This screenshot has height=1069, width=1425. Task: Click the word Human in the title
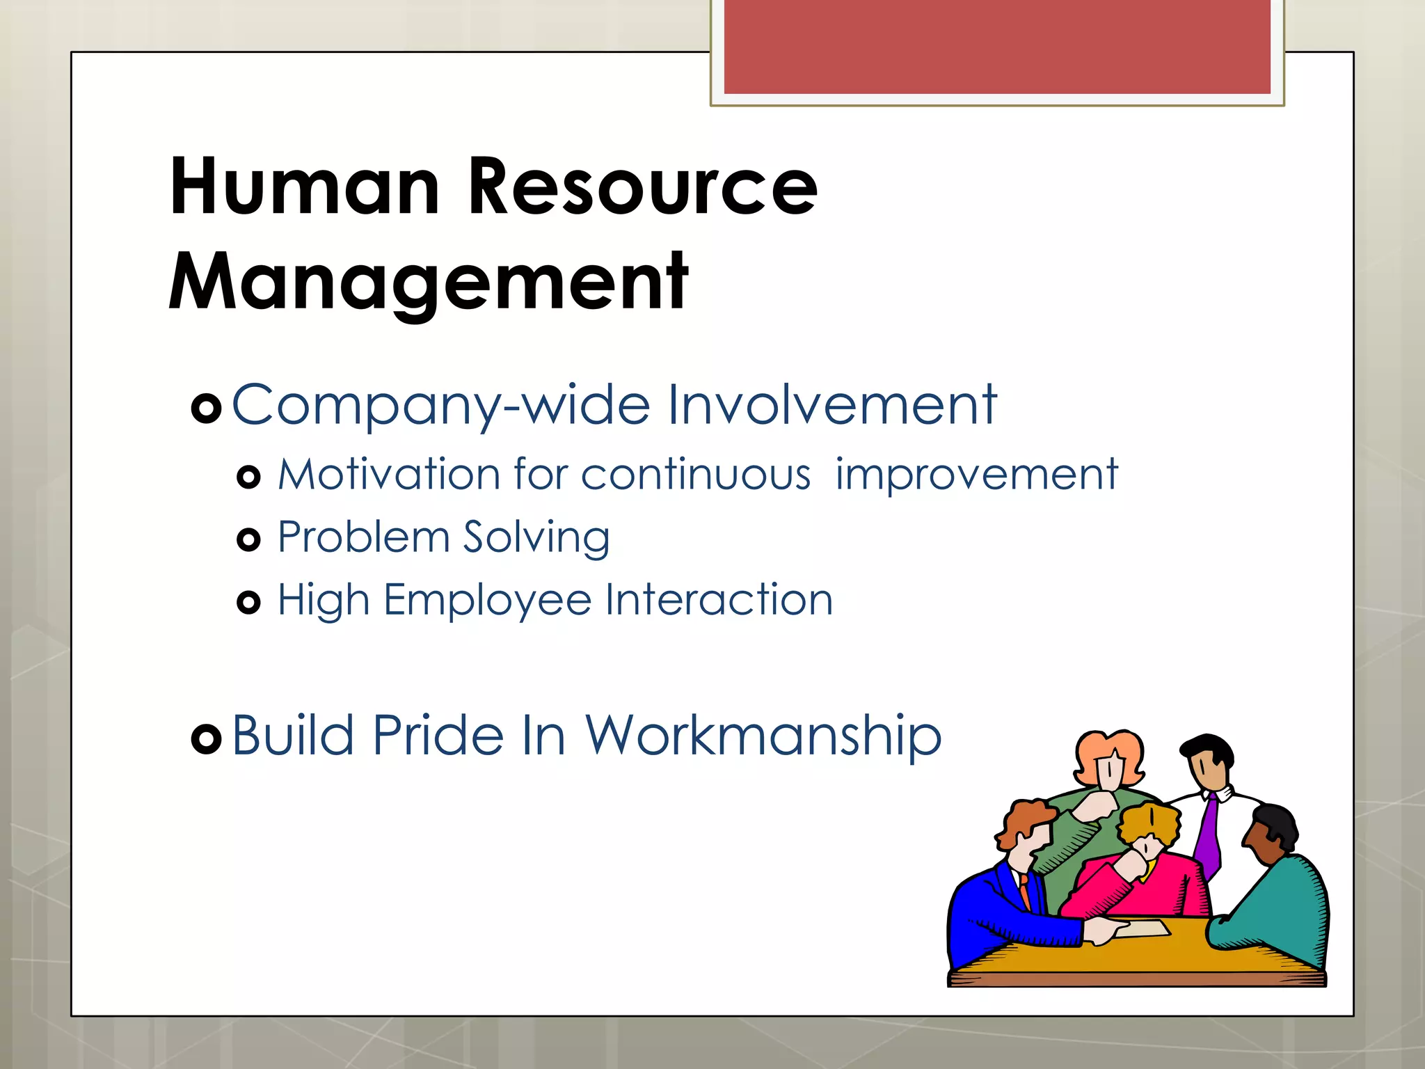point(304,187)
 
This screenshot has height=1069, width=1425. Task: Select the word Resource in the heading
point(642,187)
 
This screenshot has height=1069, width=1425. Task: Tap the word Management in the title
point(428,283)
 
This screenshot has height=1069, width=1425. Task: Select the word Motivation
point(389,475)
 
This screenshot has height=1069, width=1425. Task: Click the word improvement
point(976,476)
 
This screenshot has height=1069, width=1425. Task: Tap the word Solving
point(536,538)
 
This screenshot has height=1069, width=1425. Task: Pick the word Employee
point(487,601)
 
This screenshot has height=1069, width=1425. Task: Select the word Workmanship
point(763,736)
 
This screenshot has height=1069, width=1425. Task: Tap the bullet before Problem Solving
point(248,539)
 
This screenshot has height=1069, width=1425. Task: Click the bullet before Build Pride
point(206,738)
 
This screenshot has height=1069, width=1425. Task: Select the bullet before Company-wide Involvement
point(206,408)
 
